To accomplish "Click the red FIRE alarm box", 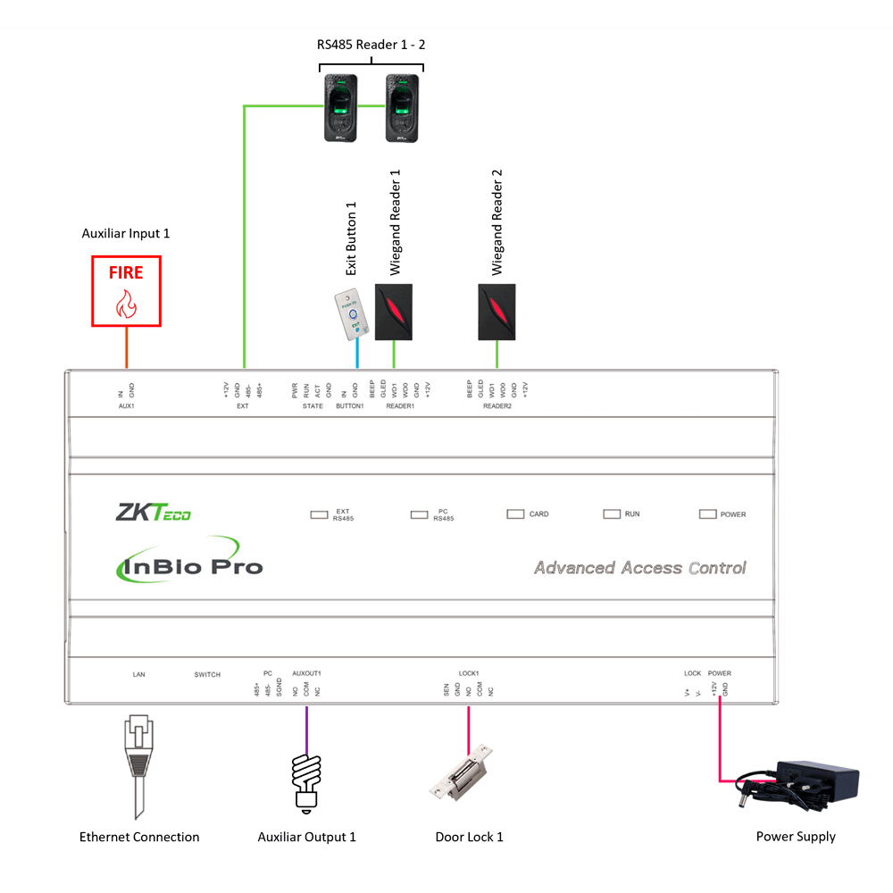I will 126,290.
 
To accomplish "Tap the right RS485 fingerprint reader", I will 402,107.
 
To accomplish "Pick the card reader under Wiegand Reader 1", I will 394,311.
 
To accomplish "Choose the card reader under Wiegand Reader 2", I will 497,311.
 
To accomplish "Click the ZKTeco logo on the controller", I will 153,513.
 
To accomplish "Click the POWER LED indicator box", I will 708,514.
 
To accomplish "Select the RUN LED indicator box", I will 612,514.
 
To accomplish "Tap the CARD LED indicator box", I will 515,514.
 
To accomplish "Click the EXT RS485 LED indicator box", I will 319,514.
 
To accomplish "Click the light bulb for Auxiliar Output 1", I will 306,782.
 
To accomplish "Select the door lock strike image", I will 463,770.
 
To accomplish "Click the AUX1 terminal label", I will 125,405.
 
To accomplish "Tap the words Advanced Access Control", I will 639,568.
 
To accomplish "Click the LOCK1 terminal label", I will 469,673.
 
